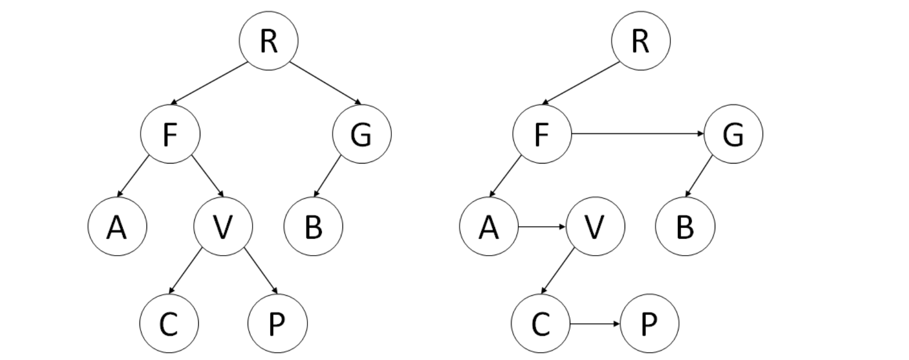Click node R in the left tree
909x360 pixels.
pyautogui.click(x=268, y=41)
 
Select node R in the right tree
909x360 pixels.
pyautogui.click(x=641, y=41)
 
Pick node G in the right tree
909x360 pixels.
pyautogui.click(x=733, y=134)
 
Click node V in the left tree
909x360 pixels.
pyautogui.click(x=223, y=226)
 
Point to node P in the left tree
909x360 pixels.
pyautogui.click(x=278, y=324)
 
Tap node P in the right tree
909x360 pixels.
pyautogui.click(x=649, y=324)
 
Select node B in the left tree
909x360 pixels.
pyautogui.click(x=313, y=226)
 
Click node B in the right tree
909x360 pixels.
pyautogui.click(x=685, y=226)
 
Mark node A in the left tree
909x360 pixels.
pyautogui.click(x=117, y=226)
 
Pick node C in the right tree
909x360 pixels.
pyautogui.click(x=541, y=324)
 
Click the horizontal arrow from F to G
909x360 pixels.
pyautogui.click(x=637, y=134)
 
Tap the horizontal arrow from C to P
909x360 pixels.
pyautogui.click(x=594, y=324)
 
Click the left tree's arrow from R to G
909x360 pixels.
pyautogui.click(x=326, y=83)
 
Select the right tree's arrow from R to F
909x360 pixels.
pyautogui.click(x=581, y=83)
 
